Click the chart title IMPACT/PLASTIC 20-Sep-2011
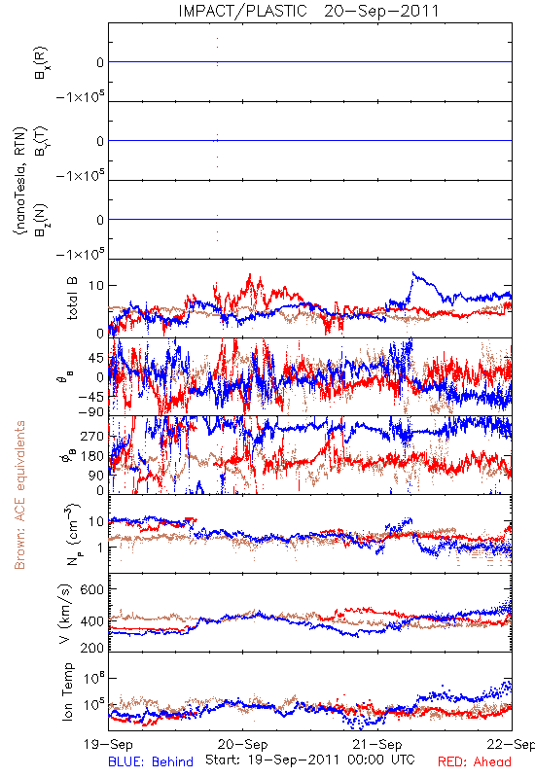[308, 11]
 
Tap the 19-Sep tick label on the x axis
[108, 744]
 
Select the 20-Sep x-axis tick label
[242, 744]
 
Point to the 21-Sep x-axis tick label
[377, 744]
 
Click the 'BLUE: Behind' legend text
[151, 761]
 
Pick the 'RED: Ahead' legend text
[474, 761]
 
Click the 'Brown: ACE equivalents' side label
[19, 495]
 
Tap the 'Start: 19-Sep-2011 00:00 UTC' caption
[309, 760]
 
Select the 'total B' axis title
[71, 299]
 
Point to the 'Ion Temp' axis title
[67, 691]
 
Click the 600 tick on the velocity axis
[91, 589]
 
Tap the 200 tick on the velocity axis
[91, 648]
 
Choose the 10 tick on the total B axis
[95, 286]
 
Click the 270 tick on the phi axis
[91, 436]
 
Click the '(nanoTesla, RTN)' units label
[19, 181]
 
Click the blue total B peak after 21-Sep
[412, 273]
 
